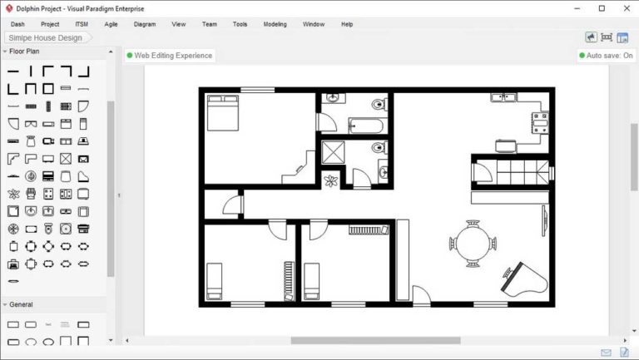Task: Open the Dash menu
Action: tap(17, 24)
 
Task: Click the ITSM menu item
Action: tap(82, 24)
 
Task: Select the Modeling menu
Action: tap(275, 24)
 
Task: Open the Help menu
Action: tap(347, 24)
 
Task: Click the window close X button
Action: tap(624, 8)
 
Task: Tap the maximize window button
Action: tap(602, 8)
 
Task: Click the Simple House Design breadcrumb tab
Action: tap(46, 38)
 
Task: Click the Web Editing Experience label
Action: tap(170, 56)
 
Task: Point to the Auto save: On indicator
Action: tap(607, 56)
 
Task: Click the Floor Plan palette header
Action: tap(24, 52)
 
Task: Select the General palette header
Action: tap(21, 305)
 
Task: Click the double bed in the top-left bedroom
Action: tap(222, 113)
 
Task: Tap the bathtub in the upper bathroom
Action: tap(366, 126)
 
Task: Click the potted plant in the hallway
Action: tap(331, 180)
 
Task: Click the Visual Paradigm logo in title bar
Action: tap(8, 8)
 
